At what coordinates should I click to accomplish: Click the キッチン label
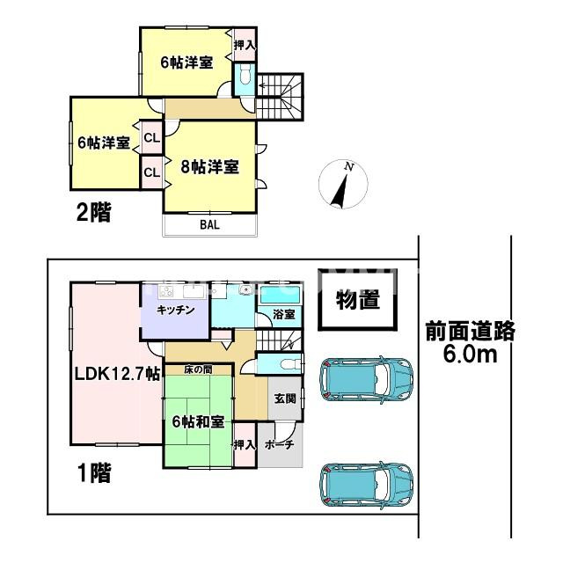pyautogui.click(x=175, y=311)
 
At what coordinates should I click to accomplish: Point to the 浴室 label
pyautogui.click(x=282, y=313)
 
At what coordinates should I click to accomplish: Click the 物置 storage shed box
pyautogui.click(x=357, y=301)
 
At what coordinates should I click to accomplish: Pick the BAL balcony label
pyautogui.click(x=208, y=224)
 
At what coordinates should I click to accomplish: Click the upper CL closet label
pyautogui.click(x=151, y=138)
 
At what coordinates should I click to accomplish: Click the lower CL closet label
pyautogui.click(x=151, y=172)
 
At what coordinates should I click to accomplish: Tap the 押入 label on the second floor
pyautogui.click(x=244, y=44)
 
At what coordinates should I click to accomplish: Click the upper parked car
pyautogui.click(x=365, y=380)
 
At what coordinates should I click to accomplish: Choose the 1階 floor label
pyautogui.click(x=91, y=475)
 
